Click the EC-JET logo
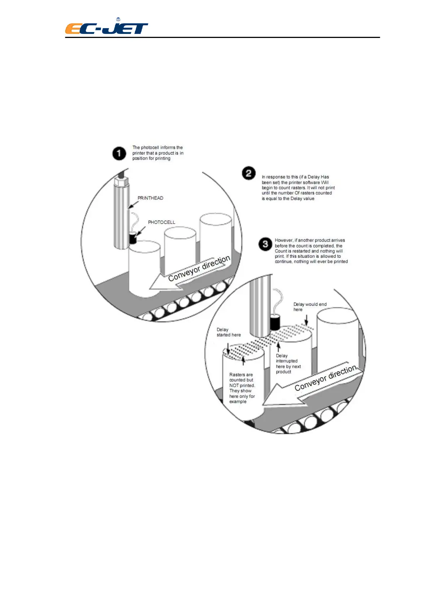[107, 27]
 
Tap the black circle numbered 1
[119, 153]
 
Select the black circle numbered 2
[249, 173]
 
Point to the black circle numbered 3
[265, 244]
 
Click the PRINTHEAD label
[150, 198]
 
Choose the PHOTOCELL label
[161, 222]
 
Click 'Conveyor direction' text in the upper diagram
[199, 269]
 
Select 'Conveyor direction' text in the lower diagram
[325, 378]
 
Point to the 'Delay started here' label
[229, 332]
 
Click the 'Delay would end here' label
[310, 307]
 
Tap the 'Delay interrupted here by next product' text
[288, 364]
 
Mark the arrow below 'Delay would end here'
[307, 320]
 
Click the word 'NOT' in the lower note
[234, 386]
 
